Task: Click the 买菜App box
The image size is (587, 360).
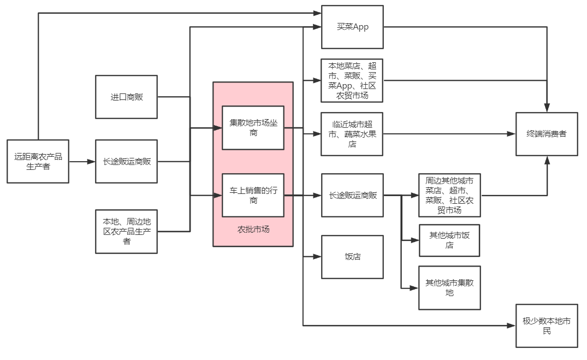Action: point(352,27)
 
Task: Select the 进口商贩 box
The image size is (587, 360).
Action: point(126,97)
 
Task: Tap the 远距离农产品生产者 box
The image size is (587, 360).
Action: point(38,161)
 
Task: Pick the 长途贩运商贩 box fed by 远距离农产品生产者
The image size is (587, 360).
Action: point(126,161)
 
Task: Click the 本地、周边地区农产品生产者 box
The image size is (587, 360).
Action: point(126,231)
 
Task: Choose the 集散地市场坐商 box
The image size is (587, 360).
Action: point(253,127)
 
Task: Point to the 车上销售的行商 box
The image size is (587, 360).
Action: point(253,195)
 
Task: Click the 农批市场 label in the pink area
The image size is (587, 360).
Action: point(253,229)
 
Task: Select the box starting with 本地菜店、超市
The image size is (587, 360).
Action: point(352,80)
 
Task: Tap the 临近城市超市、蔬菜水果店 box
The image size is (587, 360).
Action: point(352,134)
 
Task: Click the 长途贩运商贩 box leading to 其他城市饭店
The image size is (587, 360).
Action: point(352,195)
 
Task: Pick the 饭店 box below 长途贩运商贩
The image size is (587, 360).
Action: point(352,257)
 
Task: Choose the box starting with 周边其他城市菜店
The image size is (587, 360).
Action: point(449,195)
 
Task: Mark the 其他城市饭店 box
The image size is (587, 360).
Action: point(449,240)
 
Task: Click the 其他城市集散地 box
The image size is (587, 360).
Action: point(449,288)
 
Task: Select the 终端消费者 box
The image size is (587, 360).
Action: point(547,134)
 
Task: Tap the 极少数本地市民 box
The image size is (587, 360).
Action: point(547,326)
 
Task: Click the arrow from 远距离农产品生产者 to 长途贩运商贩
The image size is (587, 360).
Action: point(82,162)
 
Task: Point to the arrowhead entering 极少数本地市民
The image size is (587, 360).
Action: point(512,326)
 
